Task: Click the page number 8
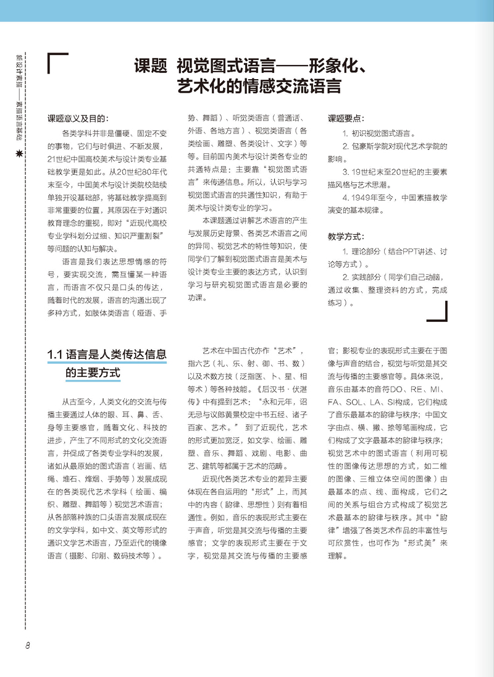28,645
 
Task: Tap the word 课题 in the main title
151,65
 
